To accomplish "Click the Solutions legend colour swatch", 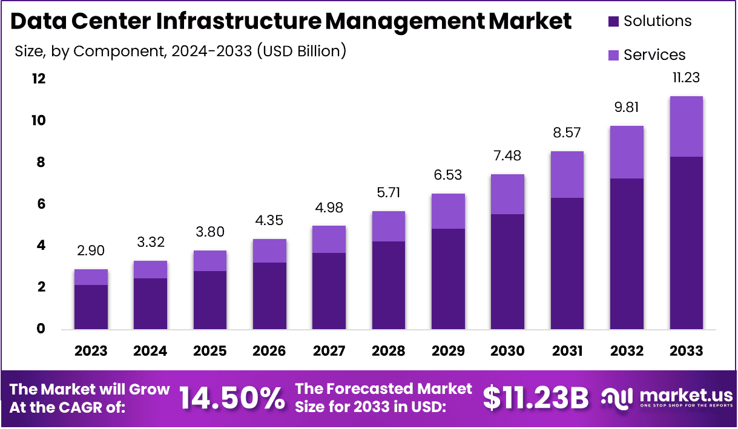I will point(613,22).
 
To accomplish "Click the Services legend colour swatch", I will point(613,56).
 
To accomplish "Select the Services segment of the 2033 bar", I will point(687,126).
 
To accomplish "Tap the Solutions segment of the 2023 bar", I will point(91,307).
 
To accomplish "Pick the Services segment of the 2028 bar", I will point(389,226).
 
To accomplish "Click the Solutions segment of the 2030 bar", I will point(507,272).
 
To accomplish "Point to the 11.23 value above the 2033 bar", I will point(687,77).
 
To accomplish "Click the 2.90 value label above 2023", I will point(91,251).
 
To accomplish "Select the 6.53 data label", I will point(448,175).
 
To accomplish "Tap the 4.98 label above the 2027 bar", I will point(329,208).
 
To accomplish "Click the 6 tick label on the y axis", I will point(41,205).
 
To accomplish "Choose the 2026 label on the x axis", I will point(269,352).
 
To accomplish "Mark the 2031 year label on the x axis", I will point(567,352).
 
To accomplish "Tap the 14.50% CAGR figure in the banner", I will point(232,398).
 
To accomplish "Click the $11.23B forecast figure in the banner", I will point(536,398).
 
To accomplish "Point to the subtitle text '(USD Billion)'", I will point(301,51).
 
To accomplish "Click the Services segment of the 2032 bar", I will point(627,152).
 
